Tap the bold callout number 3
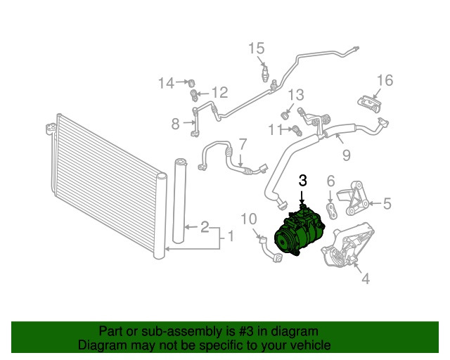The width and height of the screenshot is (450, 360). tap(303, 181)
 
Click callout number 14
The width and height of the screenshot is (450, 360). tap(165, 84)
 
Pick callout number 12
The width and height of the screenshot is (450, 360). tap(219, 93)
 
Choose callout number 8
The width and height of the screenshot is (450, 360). tap(176, 124)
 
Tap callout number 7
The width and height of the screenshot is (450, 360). tap(242, 144)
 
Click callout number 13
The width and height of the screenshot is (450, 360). tap(296, 94)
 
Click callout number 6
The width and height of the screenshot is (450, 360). tap(330, 182)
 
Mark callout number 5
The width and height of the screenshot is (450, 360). tap(387, 205)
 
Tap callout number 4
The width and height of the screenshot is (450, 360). tap(365, 279)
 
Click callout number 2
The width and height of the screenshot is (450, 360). tap(204, 226)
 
